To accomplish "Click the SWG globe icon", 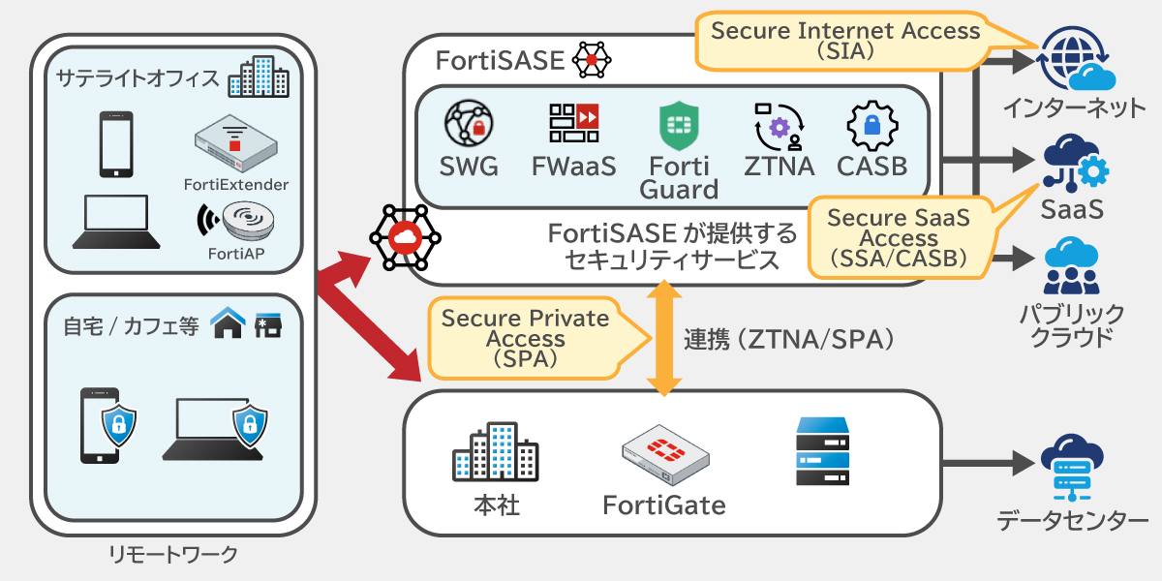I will pos(470,124).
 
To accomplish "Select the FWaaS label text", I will pos(574,167).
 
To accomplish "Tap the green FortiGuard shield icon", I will pos(679,125).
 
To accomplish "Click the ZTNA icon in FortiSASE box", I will pos(780,125).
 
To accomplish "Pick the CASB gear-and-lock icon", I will pos(871,125).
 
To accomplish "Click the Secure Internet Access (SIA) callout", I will pos(845,40).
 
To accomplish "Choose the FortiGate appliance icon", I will pos(664,458).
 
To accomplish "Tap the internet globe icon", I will pos(1075,56).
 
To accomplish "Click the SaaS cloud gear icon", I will pos(1075,163).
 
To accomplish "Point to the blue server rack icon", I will pos(822,451).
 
